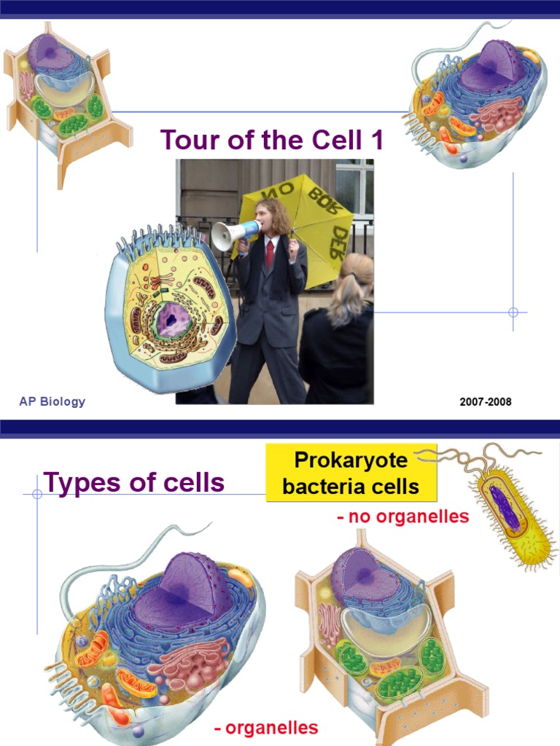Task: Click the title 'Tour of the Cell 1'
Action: [271, 139]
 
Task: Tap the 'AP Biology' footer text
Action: [52, 401]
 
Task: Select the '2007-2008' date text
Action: [486, 402]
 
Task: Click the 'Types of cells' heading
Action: [133, 482]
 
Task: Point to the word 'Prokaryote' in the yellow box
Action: [351, 460]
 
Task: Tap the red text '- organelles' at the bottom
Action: [266, 728]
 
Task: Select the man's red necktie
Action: [270, 254]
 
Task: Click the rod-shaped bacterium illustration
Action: [510, 514]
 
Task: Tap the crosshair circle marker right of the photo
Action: [513, 312]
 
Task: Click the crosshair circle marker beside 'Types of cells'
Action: [37, 493]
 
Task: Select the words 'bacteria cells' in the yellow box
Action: [351, 486]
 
